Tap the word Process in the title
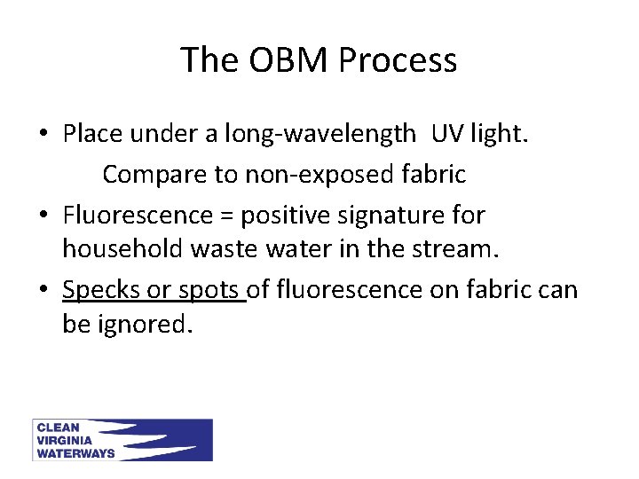pos(398,60)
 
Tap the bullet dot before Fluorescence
pos(43,216)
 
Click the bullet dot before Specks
pos(43,290)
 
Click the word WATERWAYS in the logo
pos(76,452)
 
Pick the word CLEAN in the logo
pos(59,428)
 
